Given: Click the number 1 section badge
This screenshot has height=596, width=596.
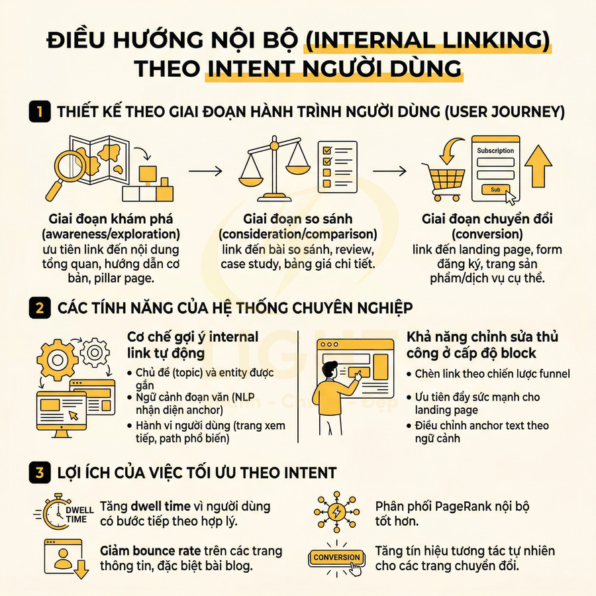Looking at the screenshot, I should (x=40, y=112).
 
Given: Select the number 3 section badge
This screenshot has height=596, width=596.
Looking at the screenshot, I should (x=40, y=473).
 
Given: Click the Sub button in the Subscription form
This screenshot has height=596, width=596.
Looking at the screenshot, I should (x=495, y=189).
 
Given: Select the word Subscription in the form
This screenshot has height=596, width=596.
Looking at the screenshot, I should (x=495, y=150).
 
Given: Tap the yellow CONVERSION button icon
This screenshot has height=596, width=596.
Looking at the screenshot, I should (x=337, y=558).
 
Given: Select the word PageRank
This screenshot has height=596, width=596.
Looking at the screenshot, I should (x=458, y=507).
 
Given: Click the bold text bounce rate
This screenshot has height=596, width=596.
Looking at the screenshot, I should (x=164, y=550).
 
